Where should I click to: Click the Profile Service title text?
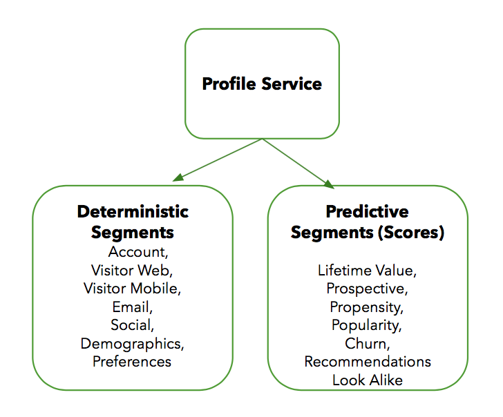262,84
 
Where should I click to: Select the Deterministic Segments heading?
133,221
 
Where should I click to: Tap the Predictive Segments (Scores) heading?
367,222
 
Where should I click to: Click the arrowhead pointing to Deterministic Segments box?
178,178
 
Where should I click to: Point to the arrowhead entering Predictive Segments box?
328,184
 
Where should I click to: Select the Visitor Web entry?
133,269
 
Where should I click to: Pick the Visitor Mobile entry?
133,288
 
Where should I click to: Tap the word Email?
132,306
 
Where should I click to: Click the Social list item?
132,324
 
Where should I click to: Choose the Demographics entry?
132,343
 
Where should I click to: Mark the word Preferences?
132,361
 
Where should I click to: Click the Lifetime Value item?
366,270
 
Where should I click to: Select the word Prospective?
366,288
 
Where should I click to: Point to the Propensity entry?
366,307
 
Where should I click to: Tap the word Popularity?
366,324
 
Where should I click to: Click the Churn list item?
366,343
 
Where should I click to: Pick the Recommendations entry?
368,361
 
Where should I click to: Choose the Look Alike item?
367,380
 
